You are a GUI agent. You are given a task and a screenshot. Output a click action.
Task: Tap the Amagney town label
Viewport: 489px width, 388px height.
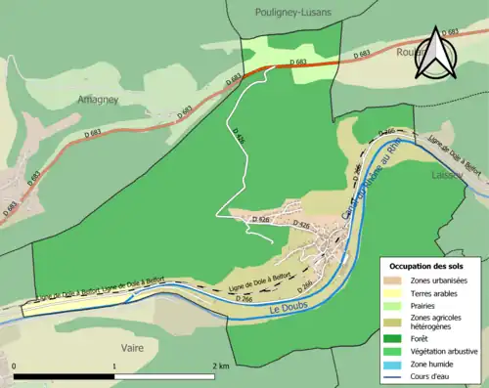coord(98,100)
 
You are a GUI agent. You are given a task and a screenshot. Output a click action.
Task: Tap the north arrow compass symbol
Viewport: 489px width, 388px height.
coord(434,55)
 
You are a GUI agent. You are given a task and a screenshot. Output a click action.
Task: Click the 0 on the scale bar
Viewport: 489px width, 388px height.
coord(15,366)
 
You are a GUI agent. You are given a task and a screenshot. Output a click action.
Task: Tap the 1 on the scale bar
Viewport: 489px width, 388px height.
coord(114,366)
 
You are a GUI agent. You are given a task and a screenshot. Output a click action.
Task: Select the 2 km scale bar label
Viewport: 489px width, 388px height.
coord(220,366)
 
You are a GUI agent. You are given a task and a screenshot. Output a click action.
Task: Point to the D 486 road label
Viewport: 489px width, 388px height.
coord(240,143)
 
